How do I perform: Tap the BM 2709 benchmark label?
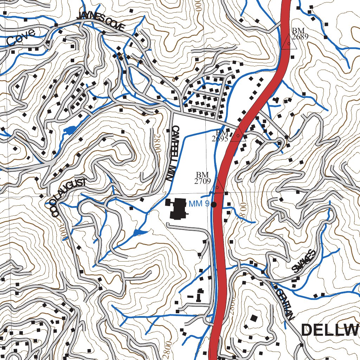(202, 178)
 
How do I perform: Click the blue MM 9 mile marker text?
(199, 204)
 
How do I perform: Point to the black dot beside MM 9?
(213, 204)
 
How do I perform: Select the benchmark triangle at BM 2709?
(217, 186)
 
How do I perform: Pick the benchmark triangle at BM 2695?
(238, 135)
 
